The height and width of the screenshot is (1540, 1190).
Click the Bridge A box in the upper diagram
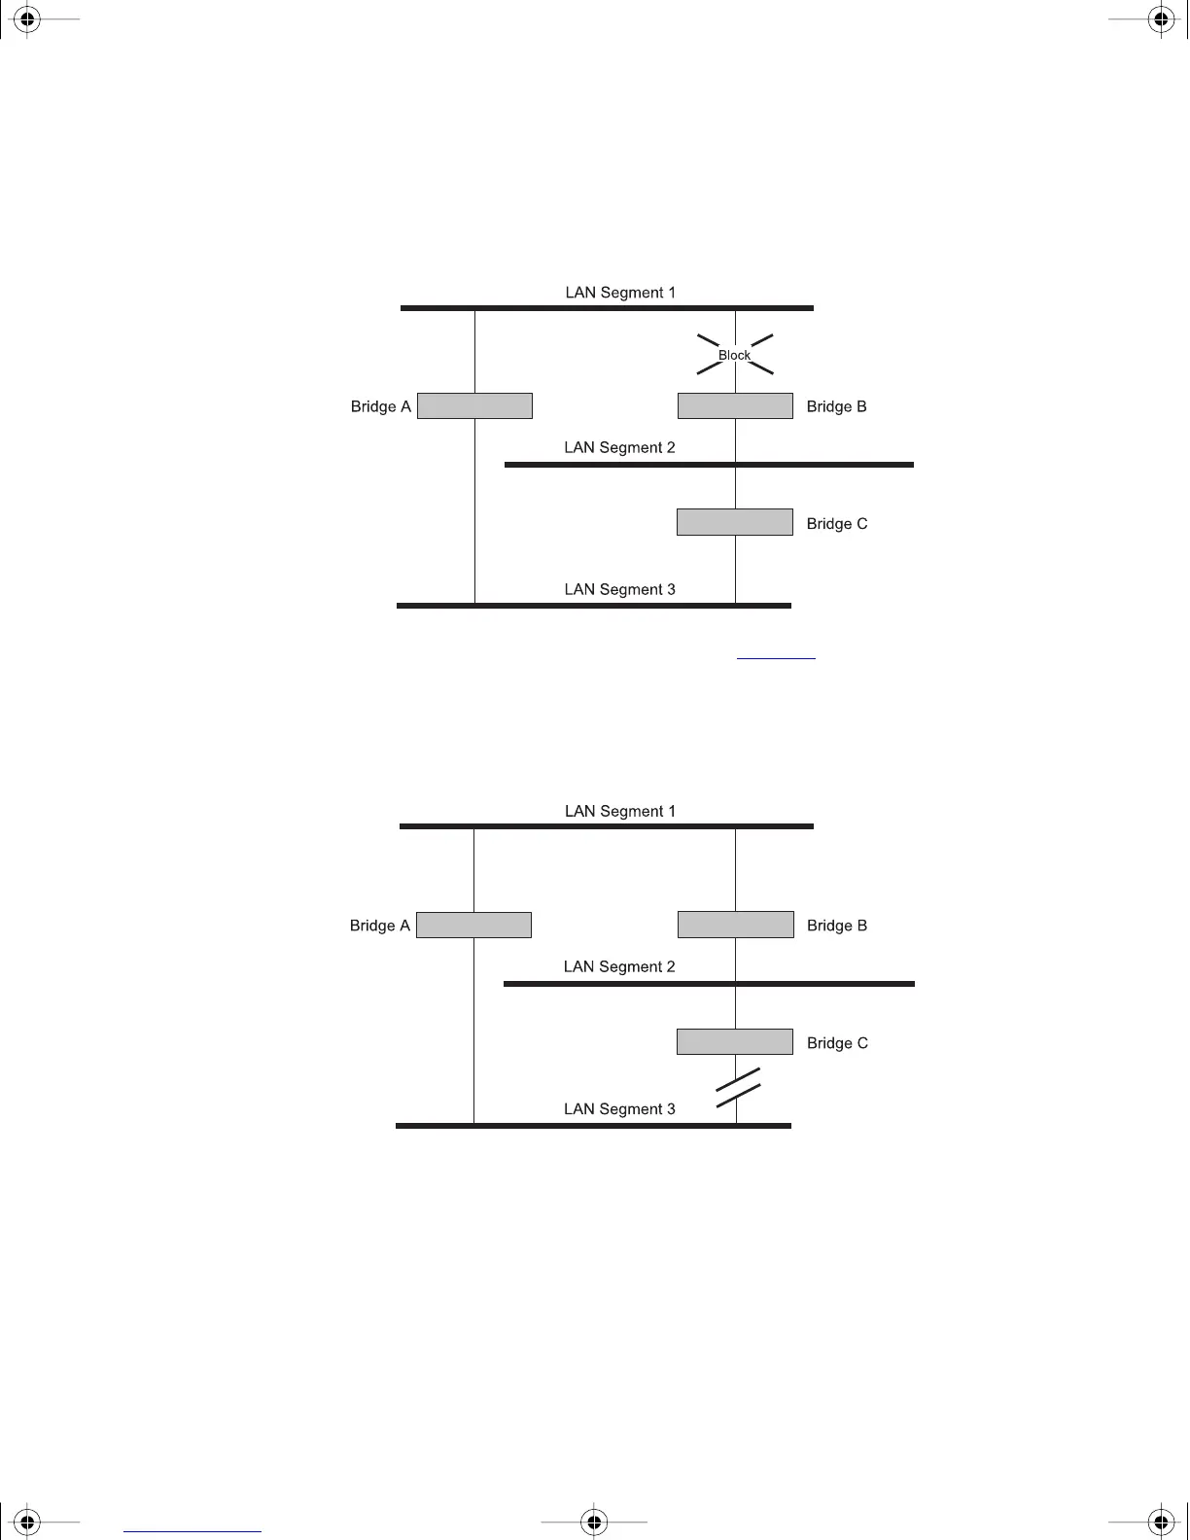coord(474,405)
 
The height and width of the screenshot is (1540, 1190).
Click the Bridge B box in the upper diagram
coord(735,405)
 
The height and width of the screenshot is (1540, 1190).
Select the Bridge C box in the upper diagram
coord(735,522)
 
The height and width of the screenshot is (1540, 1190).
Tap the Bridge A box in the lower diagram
coord(473,925)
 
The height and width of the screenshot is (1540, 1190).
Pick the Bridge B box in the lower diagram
coord(736,925)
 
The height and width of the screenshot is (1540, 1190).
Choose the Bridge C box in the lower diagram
coord(735,1041)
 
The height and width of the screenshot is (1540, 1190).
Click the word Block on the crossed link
coord(735,355)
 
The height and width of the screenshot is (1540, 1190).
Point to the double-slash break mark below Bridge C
coord(738,1087)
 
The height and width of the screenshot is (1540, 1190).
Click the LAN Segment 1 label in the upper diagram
coord(620,293)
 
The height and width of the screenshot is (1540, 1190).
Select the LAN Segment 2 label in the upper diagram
coord(619,447)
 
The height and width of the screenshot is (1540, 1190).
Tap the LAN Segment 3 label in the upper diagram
coord(619,589)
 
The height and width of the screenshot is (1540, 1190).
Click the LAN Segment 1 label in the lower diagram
coord(620,811)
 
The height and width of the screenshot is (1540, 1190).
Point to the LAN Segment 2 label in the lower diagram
coord(619,966)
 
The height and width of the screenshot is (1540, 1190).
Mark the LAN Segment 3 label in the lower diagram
coord(619,1108)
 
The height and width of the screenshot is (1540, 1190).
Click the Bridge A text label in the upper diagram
coord(380,406)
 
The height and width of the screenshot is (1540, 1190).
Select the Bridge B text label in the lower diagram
coord(837,926)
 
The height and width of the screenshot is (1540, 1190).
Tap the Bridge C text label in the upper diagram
coord(837,523)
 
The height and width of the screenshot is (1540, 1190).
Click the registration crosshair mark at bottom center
coord(594,1522)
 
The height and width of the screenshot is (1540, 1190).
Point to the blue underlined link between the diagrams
coord(776,657)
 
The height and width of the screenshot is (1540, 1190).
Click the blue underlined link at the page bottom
coord(192,1531)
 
